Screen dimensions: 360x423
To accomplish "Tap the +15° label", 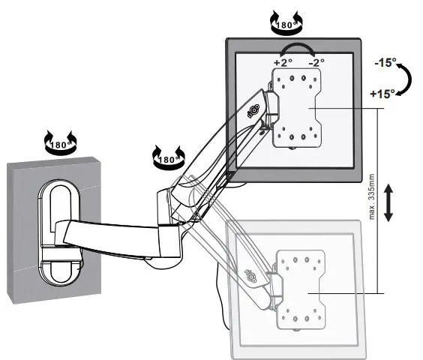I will pos(383,95).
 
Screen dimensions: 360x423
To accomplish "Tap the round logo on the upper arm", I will pos(253,110).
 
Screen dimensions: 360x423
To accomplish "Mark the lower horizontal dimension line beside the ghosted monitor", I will pos(352,292).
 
